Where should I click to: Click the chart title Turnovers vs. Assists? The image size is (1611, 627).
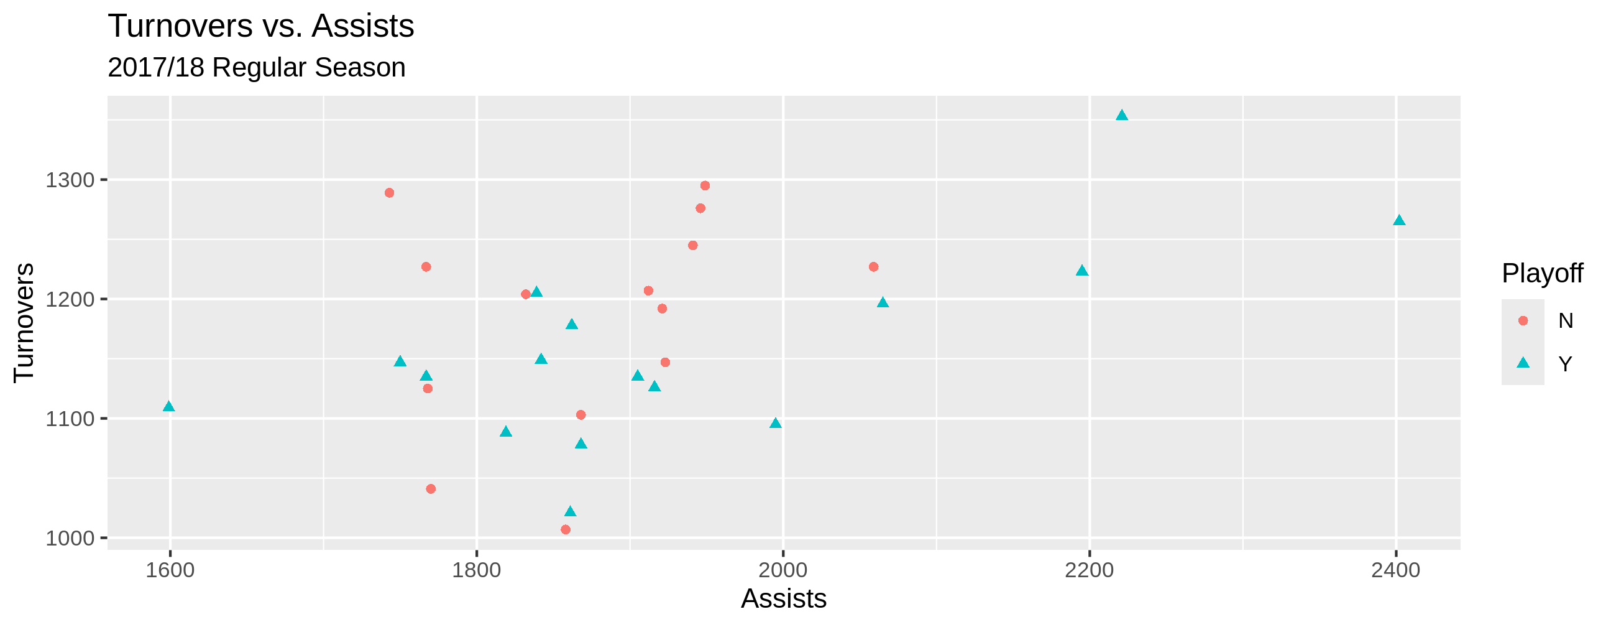(x=261, y=26)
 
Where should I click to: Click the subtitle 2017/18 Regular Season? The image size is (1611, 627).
(x=257, y=68)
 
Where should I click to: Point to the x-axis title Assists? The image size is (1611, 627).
(x=784, y=599)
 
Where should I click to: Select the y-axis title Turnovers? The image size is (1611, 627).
(x=24, y=322)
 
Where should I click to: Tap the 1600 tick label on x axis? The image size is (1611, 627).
(x=170, y=570)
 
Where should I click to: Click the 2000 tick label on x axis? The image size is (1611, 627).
(x=783, y=570)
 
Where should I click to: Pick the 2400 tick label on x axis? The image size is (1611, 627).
(x=1396, y=570)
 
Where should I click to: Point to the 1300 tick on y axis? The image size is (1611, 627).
(x=70, y=180)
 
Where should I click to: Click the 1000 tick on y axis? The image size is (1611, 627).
(x=70, y=538)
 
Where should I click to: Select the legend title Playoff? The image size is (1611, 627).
(x=1542, y=274)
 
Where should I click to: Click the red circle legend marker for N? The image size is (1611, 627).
(x=1523, y=321)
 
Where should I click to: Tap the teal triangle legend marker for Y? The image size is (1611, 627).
(x=1523, y=363)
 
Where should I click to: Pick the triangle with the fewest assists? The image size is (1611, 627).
(x=169, y=407)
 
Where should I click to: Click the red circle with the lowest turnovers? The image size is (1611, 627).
(x=566, y=530)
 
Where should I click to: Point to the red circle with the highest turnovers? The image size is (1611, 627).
(x=705, y=186)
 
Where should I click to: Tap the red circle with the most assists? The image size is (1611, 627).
(x=874, y=267)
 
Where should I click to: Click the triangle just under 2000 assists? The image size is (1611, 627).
(x=776, y=424)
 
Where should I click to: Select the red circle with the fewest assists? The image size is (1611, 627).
(x=390, y=193)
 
